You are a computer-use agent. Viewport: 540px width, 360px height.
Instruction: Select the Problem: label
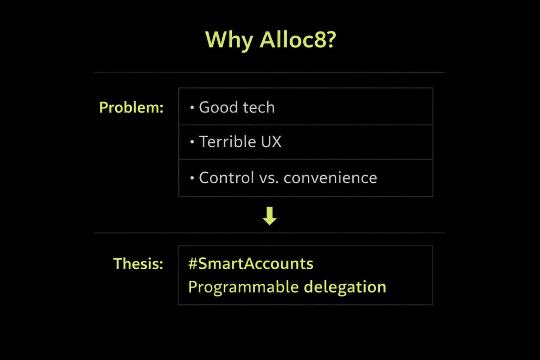[131, 108]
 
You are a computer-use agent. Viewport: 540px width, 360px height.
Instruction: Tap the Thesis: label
[138, 264]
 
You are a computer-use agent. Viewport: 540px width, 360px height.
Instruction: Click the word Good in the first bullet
[218, 108]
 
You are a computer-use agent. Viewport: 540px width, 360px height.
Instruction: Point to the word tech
[258, 108]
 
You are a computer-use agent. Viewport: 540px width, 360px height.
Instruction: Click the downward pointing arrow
[270, 217]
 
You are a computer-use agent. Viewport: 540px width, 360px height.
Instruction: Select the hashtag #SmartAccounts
[251, 264]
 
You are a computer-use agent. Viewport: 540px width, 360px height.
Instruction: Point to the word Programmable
[243, 287]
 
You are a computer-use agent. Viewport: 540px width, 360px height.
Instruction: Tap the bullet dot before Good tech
[192, 108]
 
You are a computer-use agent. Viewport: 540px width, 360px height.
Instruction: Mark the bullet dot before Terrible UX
[192, 143]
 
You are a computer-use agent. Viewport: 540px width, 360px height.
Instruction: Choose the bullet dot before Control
[192, 178]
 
